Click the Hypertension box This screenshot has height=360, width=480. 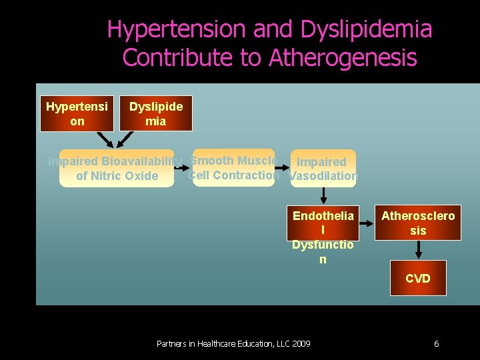pyautogui.click(x=77, y=113)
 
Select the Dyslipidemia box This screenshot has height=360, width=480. pyautogui.click(x=156, y=113)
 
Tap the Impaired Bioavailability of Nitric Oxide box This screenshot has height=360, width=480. pyautogui.click(x=117, y=168)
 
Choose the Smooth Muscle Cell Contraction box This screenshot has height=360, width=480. pyautogui.click(x=233, y=167)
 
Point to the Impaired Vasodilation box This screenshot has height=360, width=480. pyautogui.click(x=323, y=169)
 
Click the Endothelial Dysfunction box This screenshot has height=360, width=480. pyautogui.click(x=323, y=223)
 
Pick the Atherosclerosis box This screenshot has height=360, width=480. pyautogui.click(x=418, y=223)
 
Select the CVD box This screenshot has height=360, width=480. pyautogui.click(x=418, y=278)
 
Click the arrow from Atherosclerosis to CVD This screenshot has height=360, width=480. pyautogui.click(x=418, y=250)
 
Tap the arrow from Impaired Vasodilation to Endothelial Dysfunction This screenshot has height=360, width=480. pyautogui.click(x=323, y=195)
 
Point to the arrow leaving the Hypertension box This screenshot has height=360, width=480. pyautogui.click(x=105, y=139)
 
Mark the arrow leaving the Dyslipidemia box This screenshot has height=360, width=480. pyautogui.click(x=125, y=139)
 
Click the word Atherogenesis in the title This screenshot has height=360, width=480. pyautogui.click(x=343, y=58)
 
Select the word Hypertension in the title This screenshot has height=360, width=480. pyautogui.click(x=176, y=29)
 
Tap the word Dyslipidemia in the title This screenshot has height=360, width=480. pyautogui.click(x=366, y=29)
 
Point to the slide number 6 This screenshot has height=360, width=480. pyautogui.click(x=436, y=344)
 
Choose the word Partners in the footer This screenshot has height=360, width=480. pyautogui.click(x=172, y=344)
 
